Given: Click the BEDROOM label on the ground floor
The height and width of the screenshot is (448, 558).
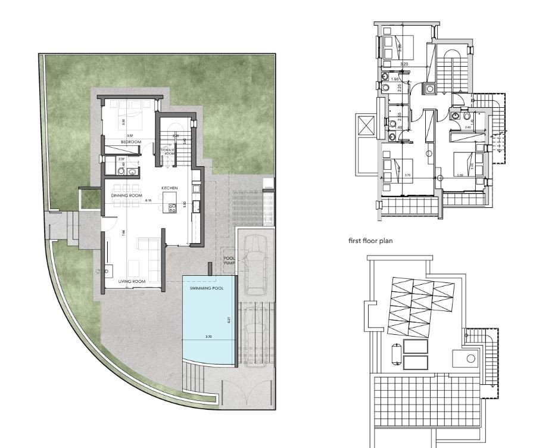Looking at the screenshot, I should click(130, 142).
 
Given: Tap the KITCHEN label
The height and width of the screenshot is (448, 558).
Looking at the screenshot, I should click(170, 188).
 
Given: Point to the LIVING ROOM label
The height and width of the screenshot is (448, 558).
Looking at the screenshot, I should click(132, 281).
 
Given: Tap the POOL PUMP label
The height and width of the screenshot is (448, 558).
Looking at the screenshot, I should click(229, 260).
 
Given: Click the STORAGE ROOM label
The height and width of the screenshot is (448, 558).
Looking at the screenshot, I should click(169, 152).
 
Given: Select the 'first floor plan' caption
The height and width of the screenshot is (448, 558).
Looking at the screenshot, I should click(370, 241).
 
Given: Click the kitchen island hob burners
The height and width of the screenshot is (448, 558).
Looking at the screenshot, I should click(173, 208).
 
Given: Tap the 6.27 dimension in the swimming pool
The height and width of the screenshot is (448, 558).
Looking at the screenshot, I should click(229, 320).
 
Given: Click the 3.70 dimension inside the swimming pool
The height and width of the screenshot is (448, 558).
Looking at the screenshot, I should click(208, 338).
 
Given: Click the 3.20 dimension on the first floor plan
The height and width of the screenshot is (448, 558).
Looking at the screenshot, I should click(404, 64).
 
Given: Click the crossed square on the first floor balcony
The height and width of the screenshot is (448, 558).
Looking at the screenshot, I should click(366, 126).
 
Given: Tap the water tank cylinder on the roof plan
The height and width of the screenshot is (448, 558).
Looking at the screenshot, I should click(395, 353).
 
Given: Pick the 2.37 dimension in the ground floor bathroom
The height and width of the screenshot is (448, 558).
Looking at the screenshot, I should click(121, 159).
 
